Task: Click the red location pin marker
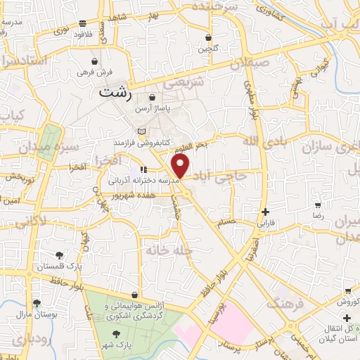coord(181,166)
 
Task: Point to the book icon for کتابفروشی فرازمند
coord(143,131)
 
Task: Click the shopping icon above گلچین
coord(209,38)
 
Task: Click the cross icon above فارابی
coord(264,212)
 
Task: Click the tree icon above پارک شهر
coord(117,335)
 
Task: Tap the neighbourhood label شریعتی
coord(184,83)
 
